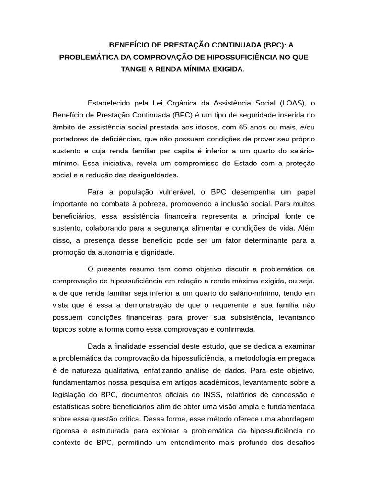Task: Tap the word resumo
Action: coord(135,269)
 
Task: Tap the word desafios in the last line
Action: coord(300,442)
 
